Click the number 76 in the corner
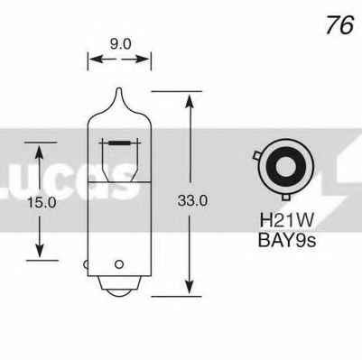[x=340, y=24]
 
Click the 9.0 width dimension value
[x=117, y=42]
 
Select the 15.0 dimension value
[x=42, y=203]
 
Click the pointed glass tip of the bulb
[x=118, y=91]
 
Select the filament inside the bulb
[x=118, y=143]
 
